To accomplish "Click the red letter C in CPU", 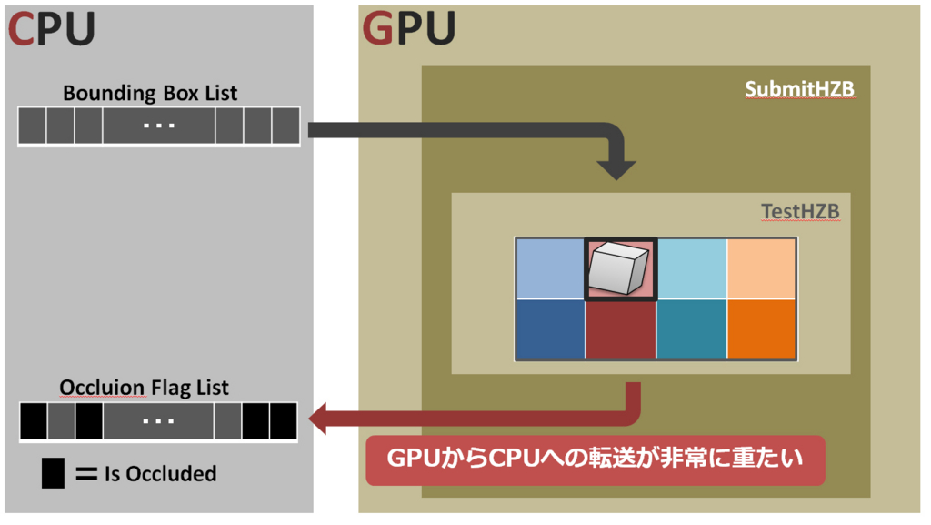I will pyautogui.click(x=22, y=28).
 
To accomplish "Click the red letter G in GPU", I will pyautogui.click(x=379, y=28).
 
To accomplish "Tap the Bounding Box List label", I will pyautogui.click(x=150, y=93).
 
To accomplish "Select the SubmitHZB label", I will pyautogui.click(x=799, y=89).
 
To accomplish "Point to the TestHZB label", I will pyautogui.click(x=800, y=212).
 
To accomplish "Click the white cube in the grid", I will pyautogui.click(x=618, y=268).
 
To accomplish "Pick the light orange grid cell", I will pyautogui.click(x=762, y=268).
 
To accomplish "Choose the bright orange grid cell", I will pyautogui.click(x=762, y=329).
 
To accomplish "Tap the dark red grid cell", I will pyautogui.click(x=620, y=329).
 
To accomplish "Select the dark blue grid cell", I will pyautogui.click(x=550, y=329).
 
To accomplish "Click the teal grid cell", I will pyautogui.click(x=691, y=329).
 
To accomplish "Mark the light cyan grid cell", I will pyautogui.click(x=691, y=268).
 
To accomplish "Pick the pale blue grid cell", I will pyautogui.click(x=550, y=268).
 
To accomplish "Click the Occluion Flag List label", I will pyautogui.click(x=145, y=388).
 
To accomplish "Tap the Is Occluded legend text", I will pyautogui.click(x=161, y=474).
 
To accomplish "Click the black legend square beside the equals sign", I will pyautogui.click(x=53, y=473).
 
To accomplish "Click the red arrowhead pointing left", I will pyautogui.click(x=322, y=419).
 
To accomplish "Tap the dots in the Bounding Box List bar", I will pyautogui.click(x=159, y=126).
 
